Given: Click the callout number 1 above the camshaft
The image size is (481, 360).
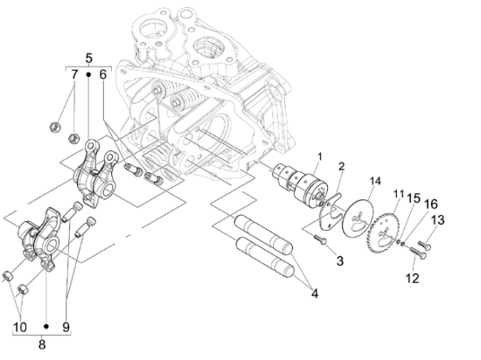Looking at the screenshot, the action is pos(319,156).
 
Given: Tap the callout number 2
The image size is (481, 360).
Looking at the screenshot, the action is pos(341,166).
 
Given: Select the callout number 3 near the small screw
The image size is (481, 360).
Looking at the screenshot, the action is pos(339,261).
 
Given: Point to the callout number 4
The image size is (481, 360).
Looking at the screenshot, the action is pos(315,294).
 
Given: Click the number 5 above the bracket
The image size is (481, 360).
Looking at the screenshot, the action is pos(88,59).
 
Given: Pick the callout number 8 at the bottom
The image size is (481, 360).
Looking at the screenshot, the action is pos(42,344).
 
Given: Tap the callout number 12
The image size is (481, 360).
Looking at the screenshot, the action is pos(412,278).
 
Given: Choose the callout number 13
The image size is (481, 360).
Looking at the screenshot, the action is pos(438,220).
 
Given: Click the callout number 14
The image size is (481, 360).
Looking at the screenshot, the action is pos(375,181).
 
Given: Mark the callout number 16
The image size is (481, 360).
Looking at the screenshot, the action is pos(431,204).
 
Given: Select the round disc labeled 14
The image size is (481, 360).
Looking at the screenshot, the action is pos(358,218).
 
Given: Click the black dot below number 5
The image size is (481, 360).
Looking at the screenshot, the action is pos(88,74).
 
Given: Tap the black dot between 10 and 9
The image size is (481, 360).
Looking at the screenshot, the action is pos(46,327).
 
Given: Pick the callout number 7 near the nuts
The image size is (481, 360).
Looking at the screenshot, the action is pos(74,74).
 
